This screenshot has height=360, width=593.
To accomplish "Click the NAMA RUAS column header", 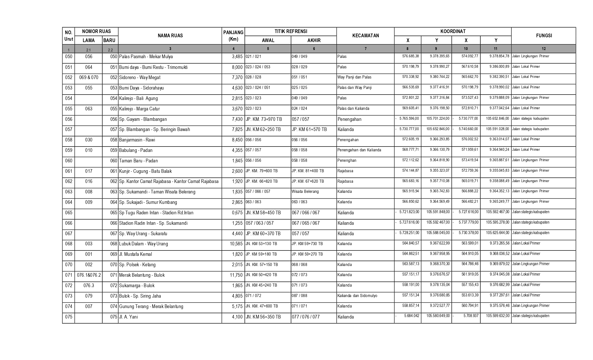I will (170, 36).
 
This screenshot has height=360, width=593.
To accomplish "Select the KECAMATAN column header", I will (365, 36).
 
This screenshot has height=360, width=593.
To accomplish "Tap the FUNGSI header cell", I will (544, 36).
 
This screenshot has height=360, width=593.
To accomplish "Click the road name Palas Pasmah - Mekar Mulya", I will (146, 56).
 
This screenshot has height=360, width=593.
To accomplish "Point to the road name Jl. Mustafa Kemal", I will (136, 254).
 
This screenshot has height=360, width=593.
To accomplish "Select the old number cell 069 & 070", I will (89, 77).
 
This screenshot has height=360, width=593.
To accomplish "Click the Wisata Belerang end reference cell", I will (305, 191).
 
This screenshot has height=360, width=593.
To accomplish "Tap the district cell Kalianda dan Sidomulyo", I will (357, 296).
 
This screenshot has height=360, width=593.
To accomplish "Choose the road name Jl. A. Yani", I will (128, 317).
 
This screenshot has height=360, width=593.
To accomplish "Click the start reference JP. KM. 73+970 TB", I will (264, 119).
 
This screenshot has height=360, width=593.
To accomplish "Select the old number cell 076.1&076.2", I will (89, 275).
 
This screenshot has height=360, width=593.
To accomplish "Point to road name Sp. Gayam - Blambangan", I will (143, 119).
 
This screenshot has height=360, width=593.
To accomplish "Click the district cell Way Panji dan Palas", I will (354, 77).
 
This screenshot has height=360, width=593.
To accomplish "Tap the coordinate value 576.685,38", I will (411, 56).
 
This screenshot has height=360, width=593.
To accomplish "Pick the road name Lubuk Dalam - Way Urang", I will (143, 244).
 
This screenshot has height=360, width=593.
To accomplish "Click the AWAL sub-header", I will (268, 40).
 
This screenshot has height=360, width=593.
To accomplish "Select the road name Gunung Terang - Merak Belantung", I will (151, 306).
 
